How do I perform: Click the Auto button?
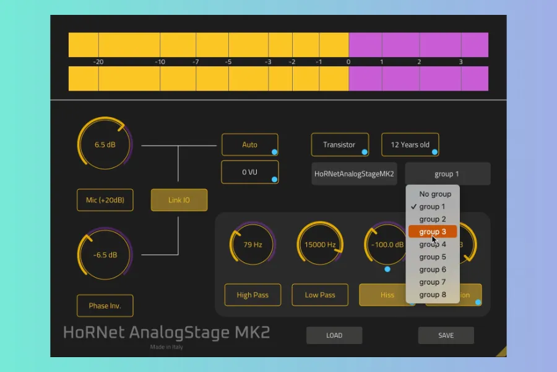(x=249, y=144)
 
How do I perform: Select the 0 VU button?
(x=249, y=172)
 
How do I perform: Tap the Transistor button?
(x=339, y=144)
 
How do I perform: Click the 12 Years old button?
(x=410, y=144)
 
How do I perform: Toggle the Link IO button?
(x=179, y=200)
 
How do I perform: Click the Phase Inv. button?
(x=105, y=306)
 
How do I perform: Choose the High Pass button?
(x=253, y=295)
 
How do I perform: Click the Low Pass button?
(x=320, y=295)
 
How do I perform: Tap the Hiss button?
(x=387, y=295)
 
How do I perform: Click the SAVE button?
(x=446, y=335)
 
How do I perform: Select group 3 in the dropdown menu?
(x=432, y=232)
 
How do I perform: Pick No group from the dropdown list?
(x=435, y=194)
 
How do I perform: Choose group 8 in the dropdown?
(x=432, y=294)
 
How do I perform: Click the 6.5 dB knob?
(x=105, y=144)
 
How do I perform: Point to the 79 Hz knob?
(x=253, y=244)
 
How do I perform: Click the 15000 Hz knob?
(x=320, y=244)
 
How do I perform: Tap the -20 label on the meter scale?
(x=98, y=62)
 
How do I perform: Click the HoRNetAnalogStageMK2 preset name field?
(x=354, y=174)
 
